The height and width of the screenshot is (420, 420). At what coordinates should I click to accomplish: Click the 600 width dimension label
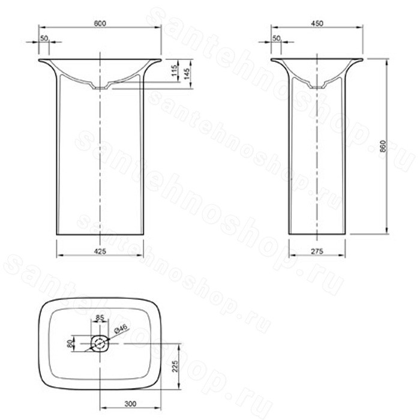pos(100,23)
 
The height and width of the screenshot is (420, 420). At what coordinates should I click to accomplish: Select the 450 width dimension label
pos(317,23)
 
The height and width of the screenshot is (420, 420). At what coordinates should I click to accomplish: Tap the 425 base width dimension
pos(100,251)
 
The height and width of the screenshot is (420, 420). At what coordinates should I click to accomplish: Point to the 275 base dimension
pos(317,251)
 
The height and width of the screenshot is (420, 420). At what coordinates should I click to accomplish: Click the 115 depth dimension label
pos(174,71)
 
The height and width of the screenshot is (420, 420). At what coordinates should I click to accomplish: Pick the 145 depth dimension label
pos(187,74)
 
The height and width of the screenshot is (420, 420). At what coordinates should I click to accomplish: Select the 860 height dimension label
pos(383,146)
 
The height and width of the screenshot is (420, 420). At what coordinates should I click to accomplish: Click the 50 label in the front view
pos(44,38)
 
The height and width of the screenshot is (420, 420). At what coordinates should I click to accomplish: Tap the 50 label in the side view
pos(276,38)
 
